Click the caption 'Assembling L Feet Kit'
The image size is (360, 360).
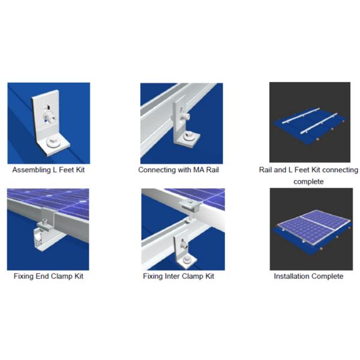point(49,170)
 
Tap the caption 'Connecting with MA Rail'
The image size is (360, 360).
point(178,170)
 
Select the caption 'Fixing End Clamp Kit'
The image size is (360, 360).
point(49,276)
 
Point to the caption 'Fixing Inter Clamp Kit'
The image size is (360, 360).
point(178,276)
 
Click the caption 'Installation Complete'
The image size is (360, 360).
point(308,276)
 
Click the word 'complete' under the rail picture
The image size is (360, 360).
point(308,182)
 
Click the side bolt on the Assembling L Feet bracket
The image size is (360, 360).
point(50,118)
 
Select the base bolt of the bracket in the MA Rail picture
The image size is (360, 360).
point(190,137)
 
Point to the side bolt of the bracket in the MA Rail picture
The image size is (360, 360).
point(185,116)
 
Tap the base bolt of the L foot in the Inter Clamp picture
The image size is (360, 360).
point(186,260)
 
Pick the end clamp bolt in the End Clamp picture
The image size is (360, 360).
point(43,223)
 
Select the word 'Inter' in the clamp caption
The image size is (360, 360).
point(171,276)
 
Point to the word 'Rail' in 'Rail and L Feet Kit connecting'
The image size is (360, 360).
point(265,170)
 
